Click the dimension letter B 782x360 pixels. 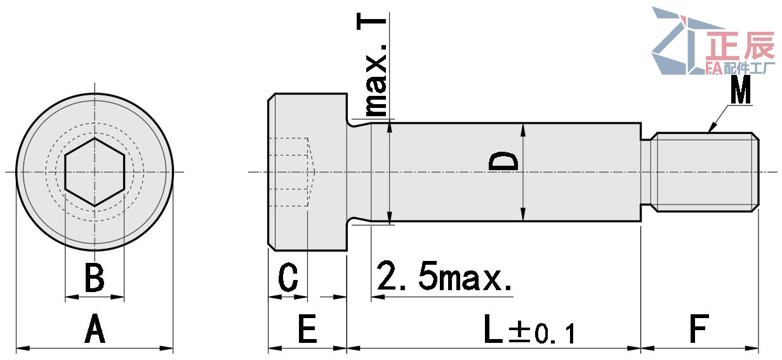click(x=95, y=278)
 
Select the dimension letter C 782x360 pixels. click(x=288, y=278)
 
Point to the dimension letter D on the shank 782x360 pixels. click(x=504, y=162)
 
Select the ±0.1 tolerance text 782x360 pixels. click(x=543, y=333)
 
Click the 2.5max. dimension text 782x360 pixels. click(x=444, y=277)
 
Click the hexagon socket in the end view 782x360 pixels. click(x=95, y=172)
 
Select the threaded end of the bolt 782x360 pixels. click(x=705, y=171)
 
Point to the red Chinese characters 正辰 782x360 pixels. click(x=741, y=47)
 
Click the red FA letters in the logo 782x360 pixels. click(x=714, y=69)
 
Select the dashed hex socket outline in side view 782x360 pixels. click(x=291, y=172)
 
